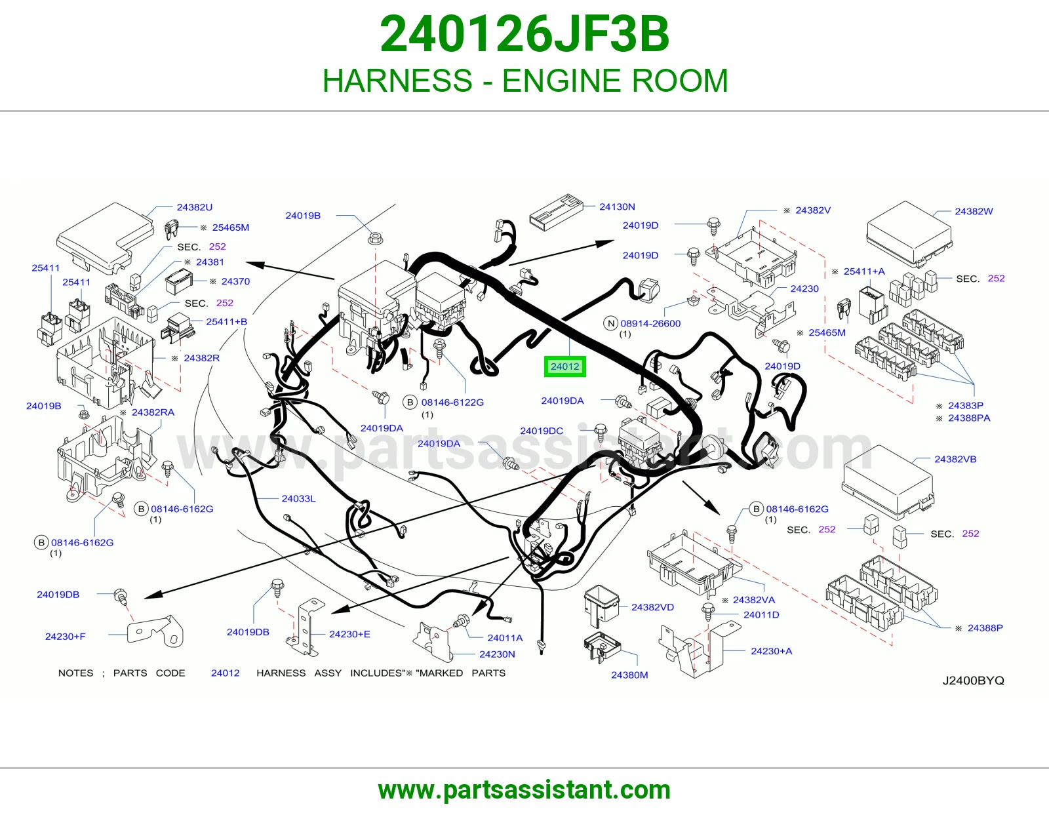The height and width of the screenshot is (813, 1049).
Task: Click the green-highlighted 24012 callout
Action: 564,367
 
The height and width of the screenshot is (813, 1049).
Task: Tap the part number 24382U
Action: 194,207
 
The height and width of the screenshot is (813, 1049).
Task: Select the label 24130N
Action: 617,207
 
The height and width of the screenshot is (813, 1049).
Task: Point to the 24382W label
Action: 974,211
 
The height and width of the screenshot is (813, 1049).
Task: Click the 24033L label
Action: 298,498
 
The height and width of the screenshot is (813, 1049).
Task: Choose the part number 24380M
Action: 629,675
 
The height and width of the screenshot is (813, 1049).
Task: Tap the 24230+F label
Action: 65,636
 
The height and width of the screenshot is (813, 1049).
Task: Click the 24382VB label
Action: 955,459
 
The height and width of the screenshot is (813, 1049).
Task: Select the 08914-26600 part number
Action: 650,323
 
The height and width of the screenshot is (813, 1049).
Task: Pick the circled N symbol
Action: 611,323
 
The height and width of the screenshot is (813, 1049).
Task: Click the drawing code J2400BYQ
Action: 973,681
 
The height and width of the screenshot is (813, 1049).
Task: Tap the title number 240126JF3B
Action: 524,34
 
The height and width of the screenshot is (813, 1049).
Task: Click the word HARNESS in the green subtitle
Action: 397,81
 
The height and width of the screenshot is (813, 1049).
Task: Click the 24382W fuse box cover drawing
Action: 909,233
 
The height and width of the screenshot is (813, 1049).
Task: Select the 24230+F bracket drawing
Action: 155,631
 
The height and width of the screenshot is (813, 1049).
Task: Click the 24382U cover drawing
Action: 105,239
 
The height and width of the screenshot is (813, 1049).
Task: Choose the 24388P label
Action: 985,627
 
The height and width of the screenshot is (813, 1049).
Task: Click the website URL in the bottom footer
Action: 524,790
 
